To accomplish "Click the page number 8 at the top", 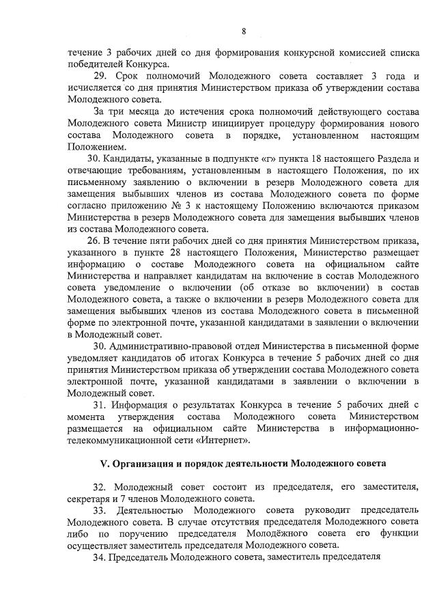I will click(243, 31).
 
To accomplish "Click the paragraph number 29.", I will click(100, 76).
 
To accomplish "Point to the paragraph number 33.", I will click(100, 510).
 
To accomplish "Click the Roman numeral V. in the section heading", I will click(104, 462).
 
